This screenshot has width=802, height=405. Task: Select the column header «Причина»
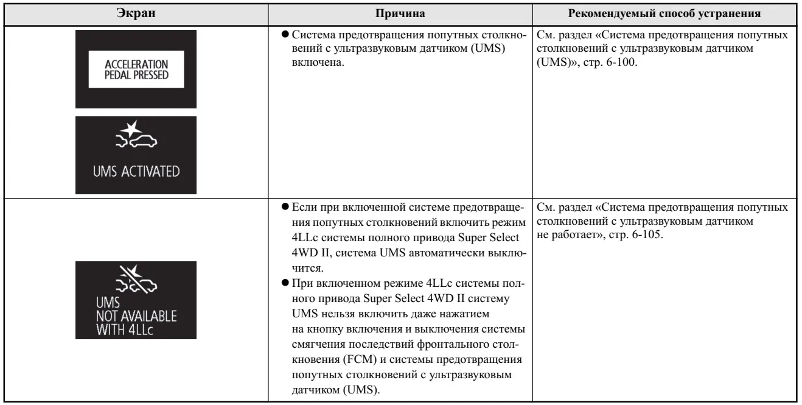point(402,13)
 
